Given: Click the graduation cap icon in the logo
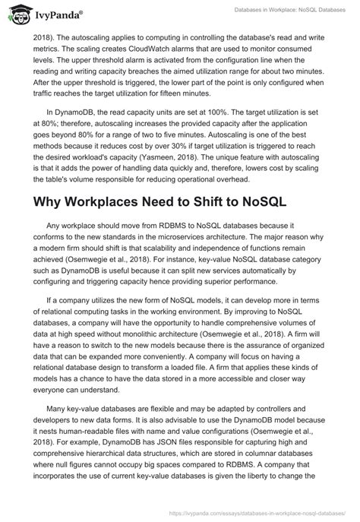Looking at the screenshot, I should coord(15,13).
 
